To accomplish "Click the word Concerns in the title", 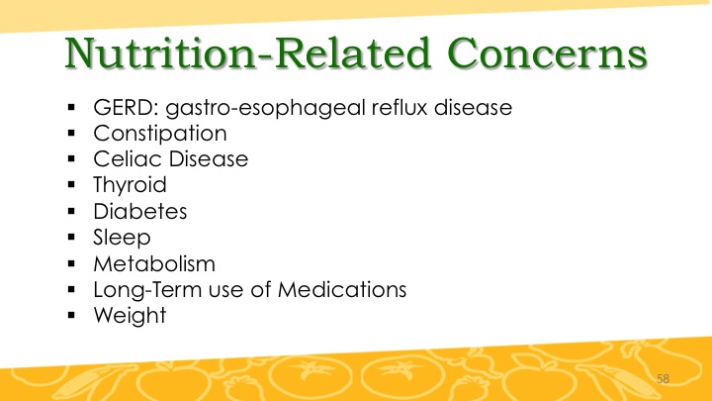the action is pos(547,53).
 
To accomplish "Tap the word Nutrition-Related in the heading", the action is pos(247,53).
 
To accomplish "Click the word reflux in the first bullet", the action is pos(400,108).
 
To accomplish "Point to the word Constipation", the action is pos(160,134).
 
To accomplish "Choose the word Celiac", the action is pos(128,159).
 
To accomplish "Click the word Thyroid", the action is pos(130,185).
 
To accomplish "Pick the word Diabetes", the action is pos(139,212).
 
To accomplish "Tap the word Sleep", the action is pos(122,238).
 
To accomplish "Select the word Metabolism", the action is pos(154,263).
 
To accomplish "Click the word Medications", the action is pos(342,289).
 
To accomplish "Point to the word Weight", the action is pos(130,316).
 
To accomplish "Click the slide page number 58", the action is pos(663,378).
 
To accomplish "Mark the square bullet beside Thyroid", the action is pos(71,184).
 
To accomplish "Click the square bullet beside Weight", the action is pos(71,315).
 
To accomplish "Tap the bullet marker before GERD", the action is pos(71,107).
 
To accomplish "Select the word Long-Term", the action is pos(147,290).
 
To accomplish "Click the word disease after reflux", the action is pos(473,108).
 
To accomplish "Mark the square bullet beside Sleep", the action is pos(71,237).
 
